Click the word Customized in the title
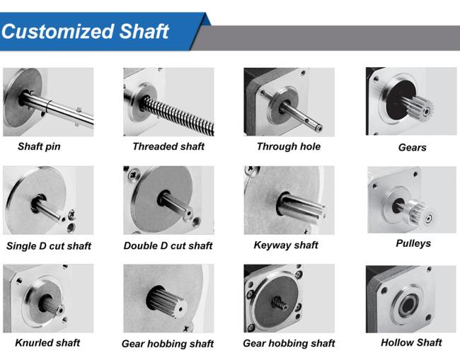point(57,31)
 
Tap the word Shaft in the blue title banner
point(144,31)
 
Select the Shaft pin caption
point(39,146)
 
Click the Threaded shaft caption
point(168,146)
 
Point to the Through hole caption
point(289,146)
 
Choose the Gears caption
point(412,147)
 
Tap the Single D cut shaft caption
point(49,245)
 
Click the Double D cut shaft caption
point(168,245)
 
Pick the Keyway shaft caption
point(286,245)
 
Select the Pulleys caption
point(413,243)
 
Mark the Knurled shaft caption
point(47,342)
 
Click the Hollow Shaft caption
point(411,342)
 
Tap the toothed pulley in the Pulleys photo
point(420,214)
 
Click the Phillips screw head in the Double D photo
point(134,173)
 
